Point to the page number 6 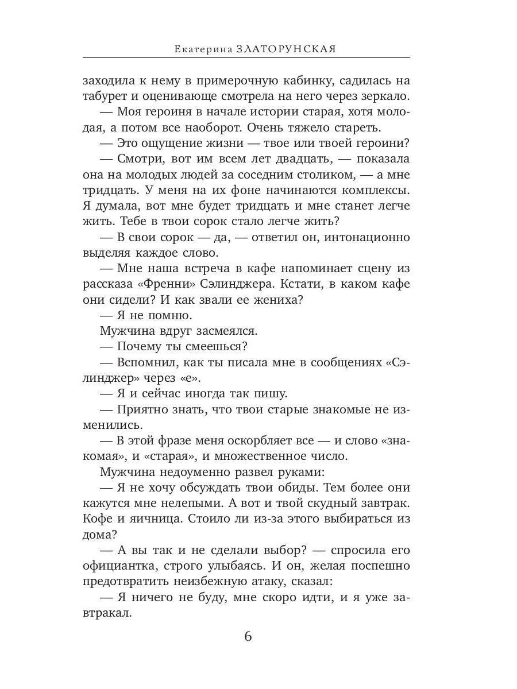pyautogui.click(x=248, y=637)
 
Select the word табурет pyautogui.click(x=107, y=96)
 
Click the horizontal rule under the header pyautogui.click(x=246, y=58)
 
